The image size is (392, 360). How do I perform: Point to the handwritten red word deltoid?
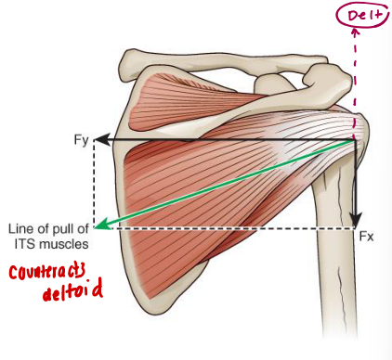tap(69, 295)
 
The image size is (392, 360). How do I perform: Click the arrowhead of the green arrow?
tap(103, 225)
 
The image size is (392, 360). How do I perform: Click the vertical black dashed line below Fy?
tap(94, 186)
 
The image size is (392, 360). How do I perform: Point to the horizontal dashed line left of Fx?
tap(232, 227)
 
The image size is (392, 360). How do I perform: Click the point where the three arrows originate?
tap(354, 141)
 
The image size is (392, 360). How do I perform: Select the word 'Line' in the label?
tap(18, 228)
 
